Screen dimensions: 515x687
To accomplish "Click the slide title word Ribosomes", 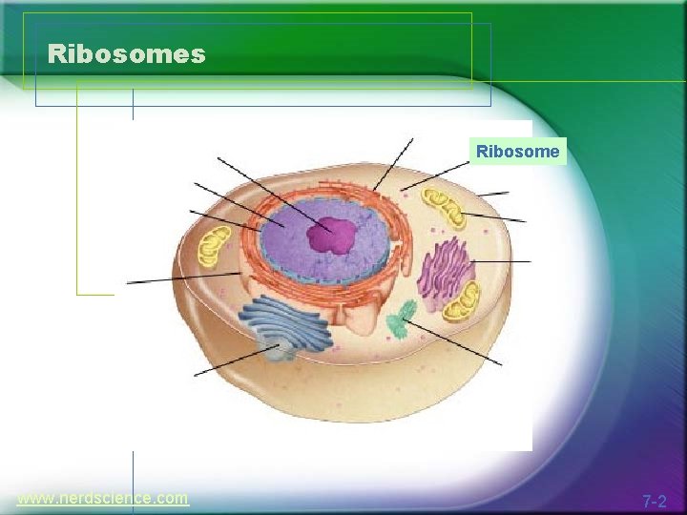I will (x=126, y=53).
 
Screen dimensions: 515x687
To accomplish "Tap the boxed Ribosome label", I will (x=518, y=151).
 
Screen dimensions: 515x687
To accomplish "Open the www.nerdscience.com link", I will (x=103, y=498).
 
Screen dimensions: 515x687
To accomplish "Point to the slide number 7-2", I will (x=654, y=501).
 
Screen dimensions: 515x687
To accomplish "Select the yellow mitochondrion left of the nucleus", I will (x=214, y=246).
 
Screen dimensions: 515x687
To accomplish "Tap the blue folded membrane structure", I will (x=286, y=324).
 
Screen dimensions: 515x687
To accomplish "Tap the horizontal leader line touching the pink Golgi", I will (x=501, y=260).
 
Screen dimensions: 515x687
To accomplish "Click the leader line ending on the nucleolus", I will (x=267, y=191).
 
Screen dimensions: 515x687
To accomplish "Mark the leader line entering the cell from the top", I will (x=393, y=164).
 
